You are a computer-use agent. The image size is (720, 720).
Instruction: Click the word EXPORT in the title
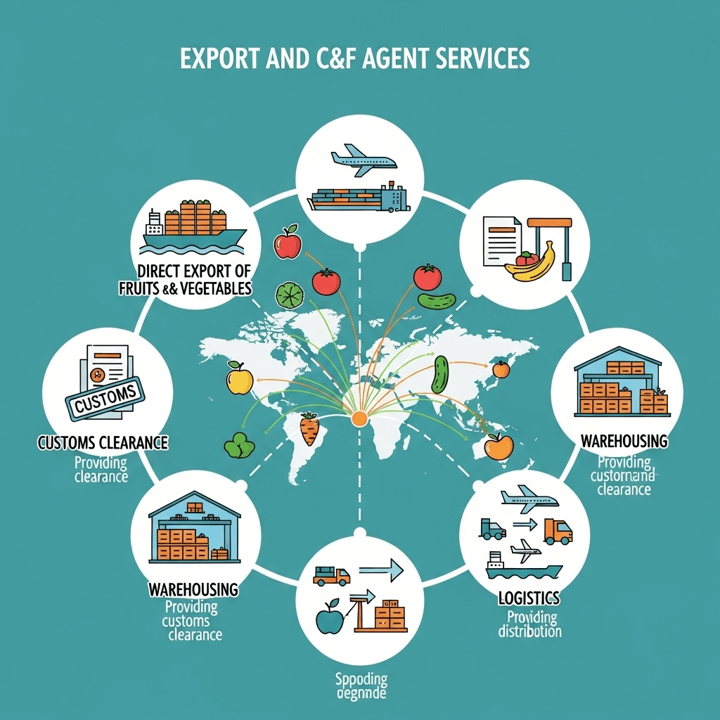tap(219, 59)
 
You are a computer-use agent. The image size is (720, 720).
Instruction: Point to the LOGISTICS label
tap(529, 598)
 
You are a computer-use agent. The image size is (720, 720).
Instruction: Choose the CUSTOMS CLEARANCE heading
tap(103, 443)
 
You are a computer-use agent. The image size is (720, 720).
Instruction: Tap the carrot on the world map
tap(309, 428)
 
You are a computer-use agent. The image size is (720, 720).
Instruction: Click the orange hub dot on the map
tap(359, 418)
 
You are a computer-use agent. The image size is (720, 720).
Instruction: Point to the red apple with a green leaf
tap(288, 243)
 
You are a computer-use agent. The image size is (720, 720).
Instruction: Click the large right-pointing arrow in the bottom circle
tap(380, 568)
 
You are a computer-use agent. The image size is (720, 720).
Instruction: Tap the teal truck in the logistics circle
tap(492, 529)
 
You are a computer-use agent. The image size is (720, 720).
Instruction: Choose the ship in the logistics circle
tap(523, 567)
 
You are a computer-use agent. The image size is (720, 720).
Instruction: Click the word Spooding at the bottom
tap(360, 679)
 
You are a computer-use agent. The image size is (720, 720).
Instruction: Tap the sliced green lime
tap(288, 295)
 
